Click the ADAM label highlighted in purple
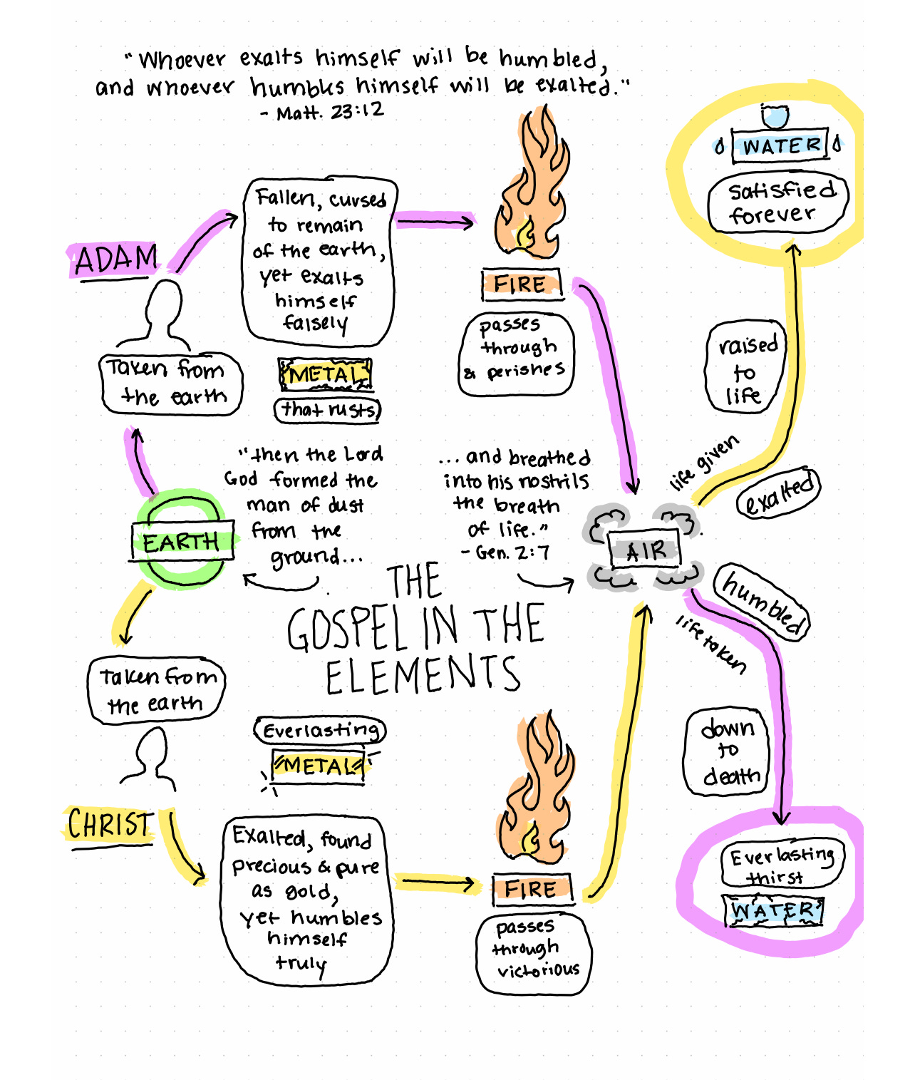tap(115, 259)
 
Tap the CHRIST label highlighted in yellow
tap(110, 826)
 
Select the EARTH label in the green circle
tap(182, 542)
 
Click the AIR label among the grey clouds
tap(646, 550)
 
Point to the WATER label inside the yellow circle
tap(780, 145)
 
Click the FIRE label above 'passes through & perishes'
tap(520, 284)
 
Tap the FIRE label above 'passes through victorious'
tap(531, 889)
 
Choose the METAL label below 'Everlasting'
tap(319, 766)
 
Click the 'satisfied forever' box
tap(777, 202)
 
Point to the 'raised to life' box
tap(745, 369)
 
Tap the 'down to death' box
tap(728, 752)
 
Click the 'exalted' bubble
tap(778, 493)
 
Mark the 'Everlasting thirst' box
tap(781, 863)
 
